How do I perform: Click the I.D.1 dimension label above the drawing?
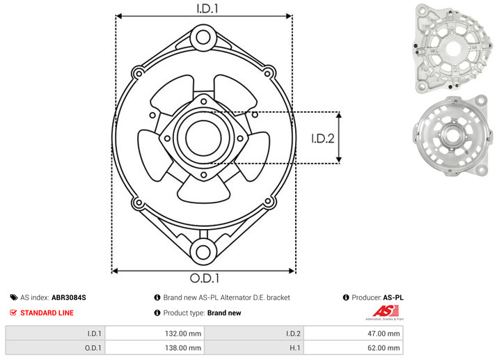[x=207, y=8]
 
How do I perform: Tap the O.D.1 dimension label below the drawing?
[x=205, y=278]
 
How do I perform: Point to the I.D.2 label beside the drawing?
[x=323, y=139]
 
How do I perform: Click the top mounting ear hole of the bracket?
[x=203, y=37]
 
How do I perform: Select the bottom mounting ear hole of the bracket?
[x=203, y=252]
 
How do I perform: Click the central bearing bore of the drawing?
[x=203, y=138]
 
